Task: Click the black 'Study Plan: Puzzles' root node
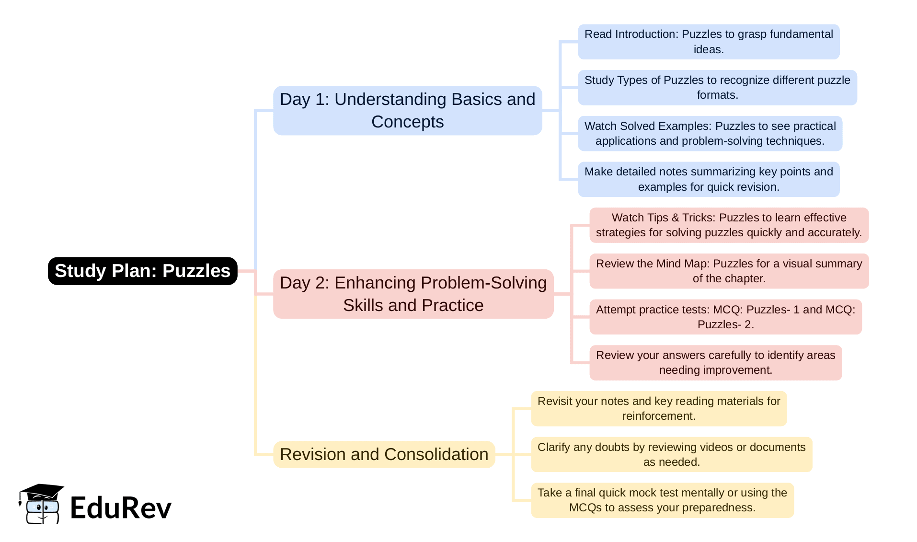[142, 271]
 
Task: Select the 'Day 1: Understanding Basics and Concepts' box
[407, 111]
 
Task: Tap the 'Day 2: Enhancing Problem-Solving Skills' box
[413, 294]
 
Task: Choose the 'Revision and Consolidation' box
[384, 454]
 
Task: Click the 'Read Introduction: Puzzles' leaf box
[708, 42]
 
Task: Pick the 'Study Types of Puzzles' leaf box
[717, 88]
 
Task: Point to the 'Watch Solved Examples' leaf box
[710, 134]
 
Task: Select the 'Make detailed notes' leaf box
[708, 179]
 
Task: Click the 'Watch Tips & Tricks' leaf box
[728, 225]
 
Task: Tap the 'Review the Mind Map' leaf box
[728, 271]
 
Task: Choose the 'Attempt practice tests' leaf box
[725, 317]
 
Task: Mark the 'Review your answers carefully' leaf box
[715, 363]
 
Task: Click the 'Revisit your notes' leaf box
[658, 409]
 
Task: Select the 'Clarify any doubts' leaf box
[671, 454]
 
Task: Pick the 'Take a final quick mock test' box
[662, 500]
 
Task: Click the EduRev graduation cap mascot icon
[41, 504]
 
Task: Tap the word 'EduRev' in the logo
[121, 508]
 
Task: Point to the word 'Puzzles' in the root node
[196, 271]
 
